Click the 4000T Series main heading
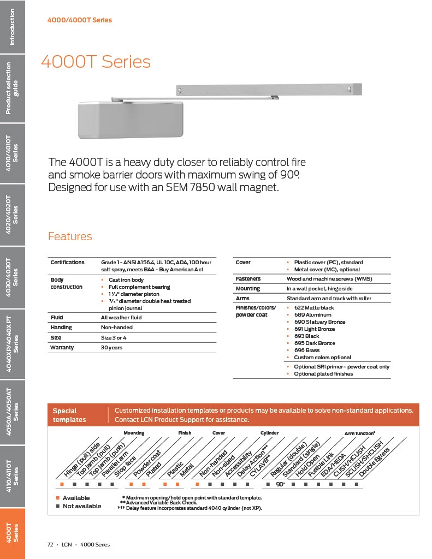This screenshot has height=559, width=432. pos(96,62)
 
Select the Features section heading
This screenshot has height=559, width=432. pos(70,236)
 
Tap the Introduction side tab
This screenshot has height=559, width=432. pos(12,26)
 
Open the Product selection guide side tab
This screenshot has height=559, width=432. pos(12,88)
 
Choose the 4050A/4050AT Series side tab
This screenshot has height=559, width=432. pos(12,411)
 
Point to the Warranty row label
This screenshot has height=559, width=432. pos(62,347)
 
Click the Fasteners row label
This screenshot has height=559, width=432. pos(247,278)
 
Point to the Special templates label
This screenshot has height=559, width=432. pos(69,415)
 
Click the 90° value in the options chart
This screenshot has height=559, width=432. pos(280,484)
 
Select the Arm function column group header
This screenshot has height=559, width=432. pos(359,433)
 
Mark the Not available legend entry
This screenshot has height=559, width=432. pos(81,506)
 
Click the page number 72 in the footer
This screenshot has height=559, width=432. pos(50,544)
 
